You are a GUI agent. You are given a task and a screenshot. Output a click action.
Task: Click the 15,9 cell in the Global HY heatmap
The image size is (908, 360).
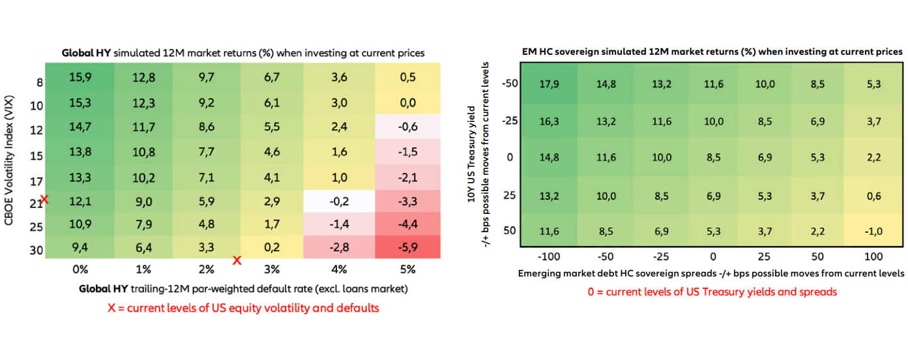click(x=79, y=76)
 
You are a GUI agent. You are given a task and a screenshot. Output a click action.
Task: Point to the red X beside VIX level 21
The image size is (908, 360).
click(x=44, y=199)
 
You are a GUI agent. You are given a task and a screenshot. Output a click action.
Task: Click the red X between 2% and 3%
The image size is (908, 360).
click(x=237, y=260)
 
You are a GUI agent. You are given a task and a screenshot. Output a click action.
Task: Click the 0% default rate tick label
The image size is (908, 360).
click(x=79, y=269)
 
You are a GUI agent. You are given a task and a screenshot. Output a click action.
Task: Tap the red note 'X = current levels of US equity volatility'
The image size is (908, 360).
click(x=243, y=308)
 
